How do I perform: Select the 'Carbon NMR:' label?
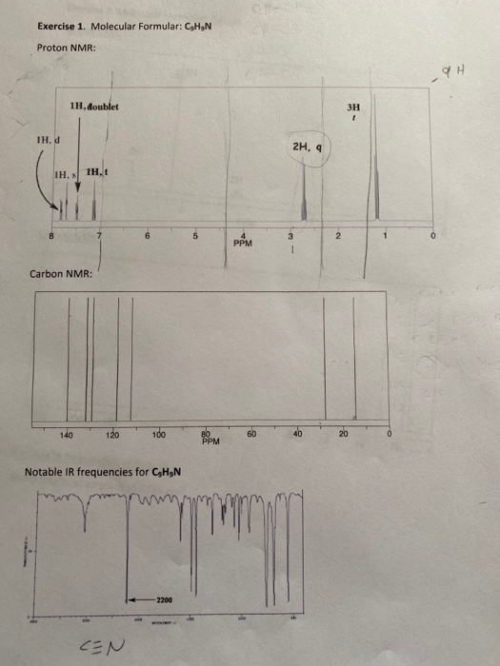[61, 274]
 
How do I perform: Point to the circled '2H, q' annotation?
[310, 147]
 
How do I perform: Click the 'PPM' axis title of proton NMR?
[243, 244]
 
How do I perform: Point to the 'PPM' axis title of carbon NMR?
[210, 441]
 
